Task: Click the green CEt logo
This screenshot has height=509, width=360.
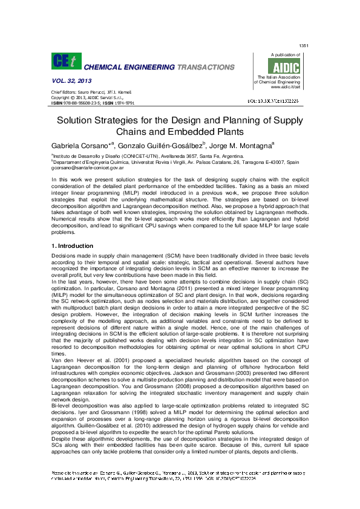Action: tap(66, 62)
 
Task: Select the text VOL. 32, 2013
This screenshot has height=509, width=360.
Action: tap(68, 80)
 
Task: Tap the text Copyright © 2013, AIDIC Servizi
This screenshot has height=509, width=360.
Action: tap(87, 97)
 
